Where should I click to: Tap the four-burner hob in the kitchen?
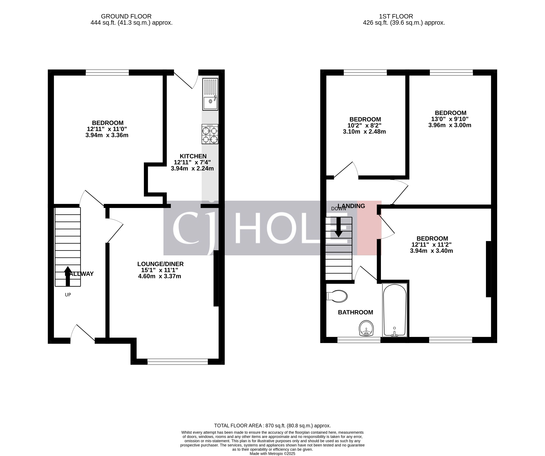[x=210, y=134]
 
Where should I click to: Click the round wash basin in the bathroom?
[x=366, y=328]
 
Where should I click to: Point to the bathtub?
[x=394, y=310]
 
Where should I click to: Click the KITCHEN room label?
[x=193, y=156]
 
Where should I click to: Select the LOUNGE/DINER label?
[x=160, y=264]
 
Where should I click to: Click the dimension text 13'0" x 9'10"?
[x=450, y=119]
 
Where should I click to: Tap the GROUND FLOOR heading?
[x=126, y=16]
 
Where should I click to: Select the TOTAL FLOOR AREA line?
[x=272, y=426]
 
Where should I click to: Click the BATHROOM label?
[x=355, y=312]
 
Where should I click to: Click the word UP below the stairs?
[x=68, y=295]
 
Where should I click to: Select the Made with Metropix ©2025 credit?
[x=272, y=454]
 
